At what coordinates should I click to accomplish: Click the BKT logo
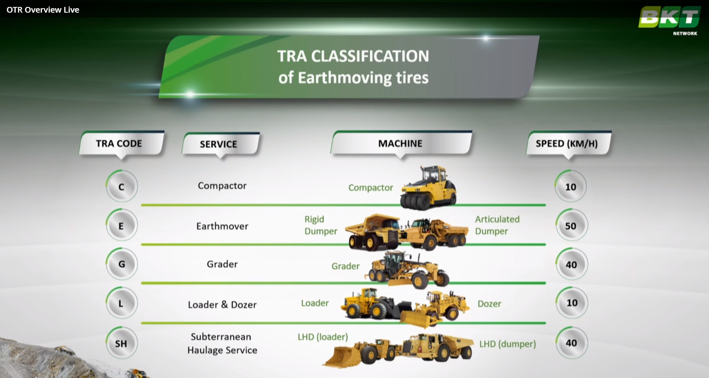click(669, 20)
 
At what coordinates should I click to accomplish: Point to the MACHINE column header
click(401, 144)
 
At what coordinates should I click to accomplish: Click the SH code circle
click(122, 343)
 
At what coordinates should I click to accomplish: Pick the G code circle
click(122, 264)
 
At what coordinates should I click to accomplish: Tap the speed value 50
click(571, 225)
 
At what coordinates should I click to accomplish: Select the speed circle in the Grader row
click(571, 265)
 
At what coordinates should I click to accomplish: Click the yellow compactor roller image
click(428, 188)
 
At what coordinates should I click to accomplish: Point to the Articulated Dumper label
click(497, 225)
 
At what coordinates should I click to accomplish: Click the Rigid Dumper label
click(321, 225)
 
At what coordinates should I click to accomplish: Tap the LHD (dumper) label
click(507, 344)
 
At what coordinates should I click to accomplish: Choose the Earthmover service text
click(222, 226)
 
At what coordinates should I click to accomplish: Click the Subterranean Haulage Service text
click(222, 343)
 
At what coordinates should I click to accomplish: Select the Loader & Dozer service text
click(222, 305)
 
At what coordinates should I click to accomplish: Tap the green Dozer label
click(490, 304)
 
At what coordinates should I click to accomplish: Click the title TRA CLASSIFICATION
click(353, 56)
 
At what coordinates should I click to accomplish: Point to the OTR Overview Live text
click(43, 10)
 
